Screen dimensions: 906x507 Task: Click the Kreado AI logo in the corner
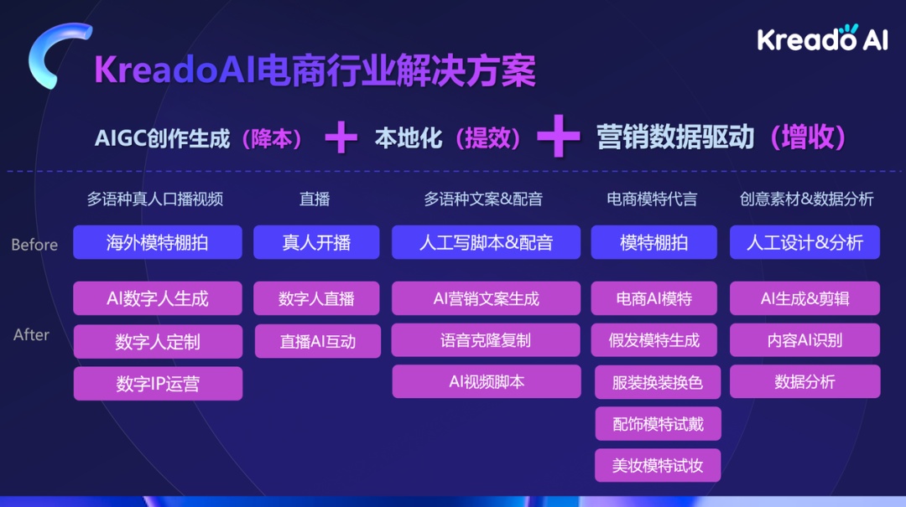[x=822, y=38]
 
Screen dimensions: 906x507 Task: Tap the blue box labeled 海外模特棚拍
[x=157, y=242]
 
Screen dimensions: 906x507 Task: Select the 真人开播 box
[x=316, y=242]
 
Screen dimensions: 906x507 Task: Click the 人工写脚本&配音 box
[x=486, y=242]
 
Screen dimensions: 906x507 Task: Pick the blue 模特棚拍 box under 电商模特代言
[x=654, y=242]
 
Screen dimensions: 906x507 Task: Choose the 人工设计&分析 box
[x=804, y=242]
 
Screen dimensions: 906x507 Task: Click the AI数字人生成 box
[x=157, y=298]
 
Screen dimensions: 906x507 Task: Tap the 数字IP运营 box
[x=158, y=384]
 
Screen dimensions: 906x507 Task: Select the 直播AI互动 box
[x=318, y=341]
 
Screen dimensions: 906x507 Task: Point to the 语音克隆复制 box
[x=486, y=340]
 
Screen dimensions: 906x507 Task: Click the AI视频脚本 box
[x=487, y=381]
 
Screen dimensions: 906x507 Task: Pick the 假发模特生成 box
[x=654, y=340]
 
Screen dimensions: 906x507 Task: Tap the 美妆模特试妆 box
[x=658, y=465]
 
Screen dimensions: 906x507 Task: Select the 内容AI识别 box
[x=804, y=340]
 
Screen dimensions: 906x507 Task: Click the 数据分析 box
[x=804, y=381]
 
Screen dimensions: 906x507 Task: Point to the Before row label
[x=34, y=245]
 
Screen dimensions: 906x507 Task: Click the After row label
[x=31, y=334]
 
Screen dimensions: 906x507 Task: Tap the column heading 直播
[x=315, y=199]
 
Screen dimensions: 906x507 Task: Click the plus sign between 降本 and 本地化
[x=341, y=137]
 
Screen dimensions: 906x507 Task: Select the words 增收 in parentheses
[x=809, y=137]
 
